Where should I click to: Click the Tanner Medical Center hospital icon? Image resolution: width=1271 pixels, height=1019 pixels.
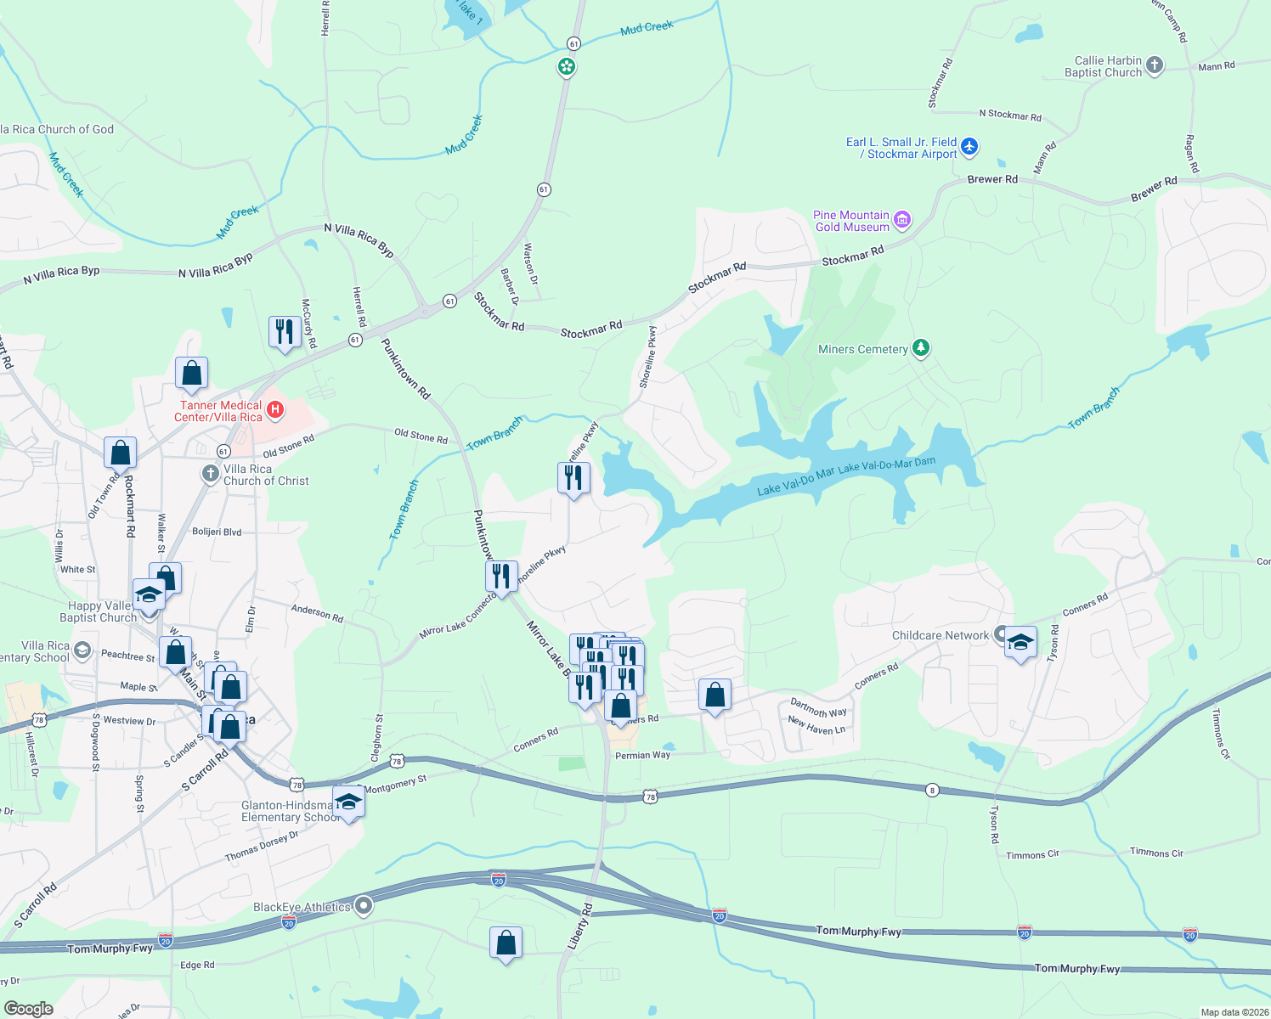point(275,411)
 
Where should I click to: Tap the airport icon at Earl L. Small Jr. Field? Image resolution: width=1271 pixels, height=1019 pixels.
point(969,148)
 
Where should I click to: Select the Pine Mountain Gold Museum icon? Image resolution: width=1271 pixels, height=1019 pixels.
point(902,221)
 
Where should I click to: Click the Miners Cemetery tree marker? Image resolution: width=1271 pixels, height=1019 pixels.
point(921,348)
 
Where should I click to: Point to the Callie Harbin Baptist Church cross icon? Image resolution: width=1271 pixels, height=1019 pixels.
point(1154,65)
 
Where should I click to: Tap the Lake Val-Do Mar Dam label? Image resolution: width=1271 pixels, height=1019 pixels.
point(886,466)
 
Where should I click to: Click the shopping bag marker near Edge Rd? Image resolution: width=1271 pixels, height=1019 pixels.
point(506,943)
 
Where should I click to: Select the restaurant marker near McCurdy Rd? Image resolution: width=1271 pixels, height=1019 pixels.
point(285,332)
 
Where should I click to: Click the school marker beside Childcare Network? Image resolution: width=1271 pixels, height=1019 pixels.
point(1020,643)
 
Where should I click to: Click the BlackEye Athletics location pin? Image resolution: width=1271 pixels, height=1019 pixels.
point(364,906)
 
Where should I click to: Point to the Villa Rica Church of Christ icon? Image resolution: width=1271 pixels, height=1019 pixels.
point(211,474)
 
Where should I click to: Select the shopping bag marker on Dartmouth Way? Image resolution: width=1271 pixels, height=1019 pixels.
point(715,695)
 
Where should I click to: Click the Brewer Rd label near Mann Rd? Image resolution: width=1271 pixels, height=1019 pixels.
point(992,179)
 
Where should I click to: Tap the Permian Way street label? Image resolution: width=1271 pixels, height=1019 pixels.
point(642,755)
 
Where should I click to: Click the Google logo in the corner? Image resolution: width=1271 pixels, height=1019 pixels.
point(29,1008)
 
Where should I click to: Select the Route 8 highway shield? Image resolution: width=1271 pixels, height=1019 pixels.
point(932,790)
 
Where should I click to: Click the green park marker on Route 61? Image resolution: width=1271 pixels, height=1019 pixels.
point(567,66)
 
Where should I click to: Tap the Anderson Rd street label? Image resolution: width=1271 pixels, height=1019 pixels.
point(317,613)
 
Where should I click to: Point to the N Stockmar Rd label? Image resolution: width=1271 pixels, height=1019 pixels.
point(1009,115)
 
